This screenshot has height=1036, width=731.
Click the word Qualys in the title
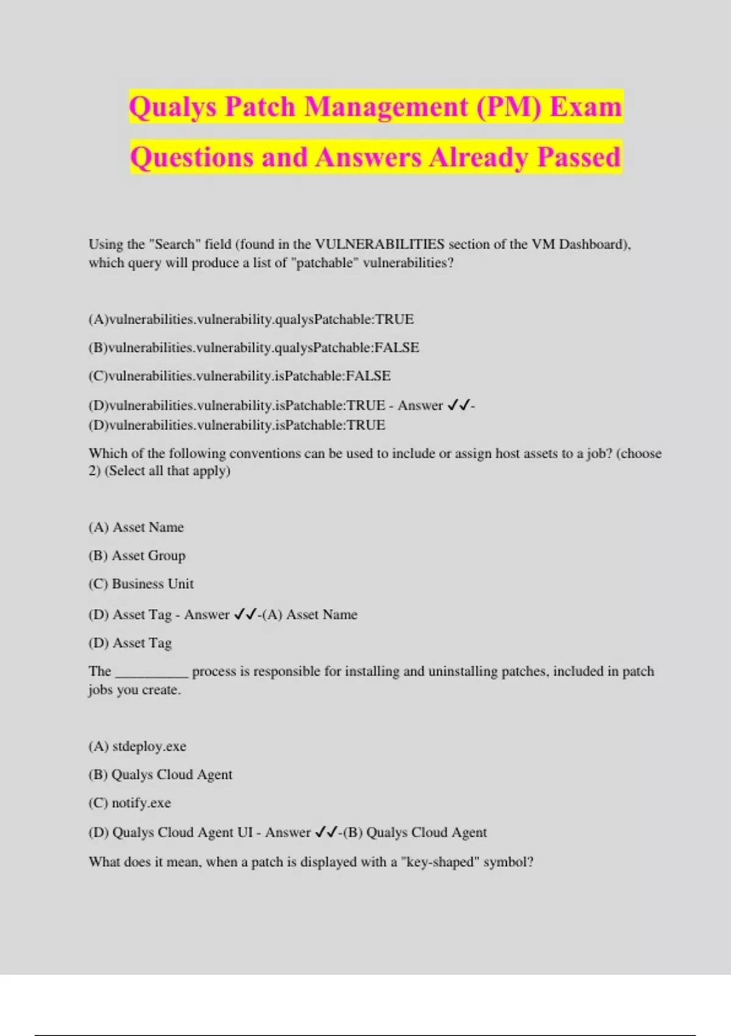(x=172, y=107)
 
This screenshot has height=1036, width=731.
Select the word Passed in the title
(x=579, y=157)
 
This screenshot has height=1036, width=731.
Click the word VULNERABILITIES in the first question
(x=380, y=244)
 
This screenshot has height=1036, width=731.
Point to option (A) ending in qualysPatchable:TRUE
(x=251, y=319)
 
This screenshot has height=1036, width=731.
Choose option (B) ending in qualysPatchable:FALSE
(x=253, y=347)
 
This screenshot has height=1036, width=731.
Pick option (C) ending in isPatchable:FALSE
(x=239, y=376)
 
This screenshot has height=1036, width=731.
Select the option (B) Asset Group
(x=137, y=556)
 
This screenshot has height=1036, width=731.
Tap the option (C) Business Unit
(x=141, y=584)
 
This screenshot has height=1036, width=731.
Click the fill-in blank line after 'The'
(x=152, y=673)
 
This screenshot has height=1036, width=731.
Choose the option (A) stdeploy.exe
(x=137, y=747)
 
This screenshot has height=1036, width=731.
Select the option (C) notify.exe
(x=130, y=803)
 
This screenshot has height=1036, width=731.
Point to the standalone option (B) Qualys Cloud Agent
(x=160, y=775)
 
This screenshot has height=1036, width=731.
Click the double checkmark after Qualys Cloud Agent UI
(x=326, y=832)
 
